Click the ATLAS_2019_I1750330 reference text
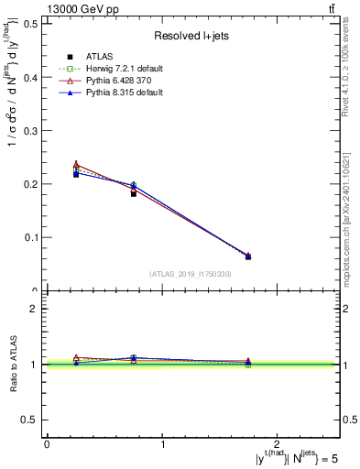coord(191,274)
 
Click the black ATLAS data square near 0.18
coord(134,194)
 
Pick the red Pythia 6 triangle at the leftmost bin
coord(76,165)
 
